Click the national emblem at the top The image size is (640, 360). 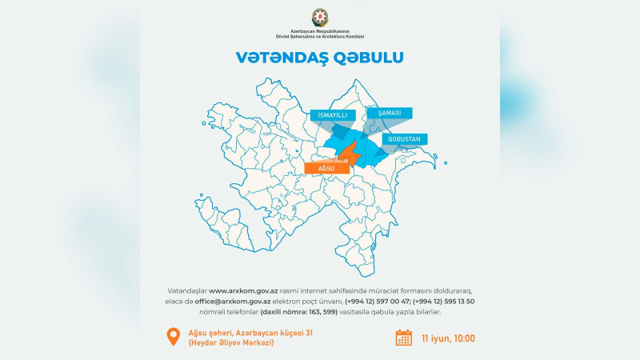point(320,17)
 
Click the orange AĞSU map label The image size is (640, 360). point(326,168)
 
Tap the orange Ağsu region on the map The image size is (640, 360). point(346,154)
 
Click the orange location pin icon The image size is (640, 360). point(171,336)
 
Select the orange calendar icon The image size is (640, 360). point(404,338)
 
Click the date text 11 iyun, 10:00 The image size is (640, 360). point(448,338)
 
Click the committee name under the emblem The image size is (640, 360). point(320,35)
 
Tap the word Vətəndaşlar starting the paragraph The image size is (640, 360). point(186,290)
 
